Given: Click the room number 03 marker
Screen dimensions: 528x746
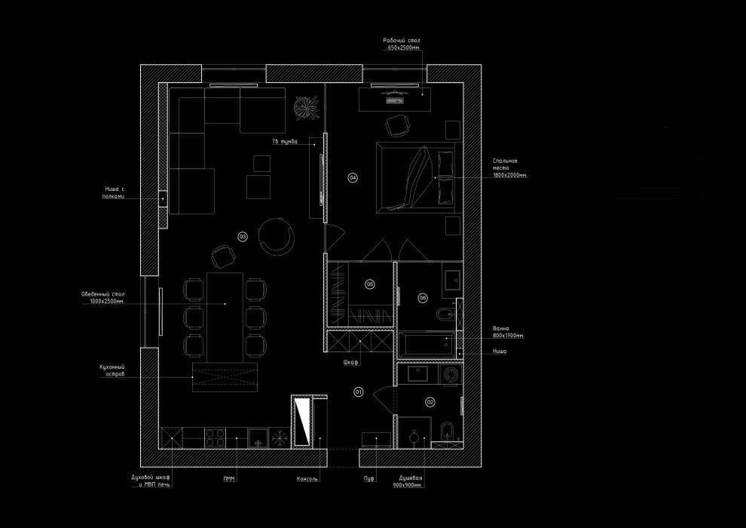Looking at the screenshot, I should (242, 236).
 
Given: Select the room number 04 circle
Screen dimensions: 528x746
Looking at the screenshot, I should (353, 177).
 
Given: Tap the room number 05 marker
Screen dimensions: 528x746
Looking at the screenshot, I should (370, 284).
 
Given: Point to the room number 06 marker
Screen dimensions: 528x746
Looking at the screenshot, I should (423, 298).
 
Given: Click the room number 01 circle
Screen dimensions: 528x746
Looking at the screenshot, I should (358, 391).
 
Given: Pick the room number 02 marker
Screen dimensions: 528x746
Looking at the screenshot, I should (430, 402).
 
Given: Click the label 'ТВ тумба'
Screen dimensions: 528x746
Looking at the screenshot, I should (285, 141).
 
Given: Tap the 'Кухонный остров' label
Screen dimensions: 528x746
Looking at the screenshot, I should (112, 370).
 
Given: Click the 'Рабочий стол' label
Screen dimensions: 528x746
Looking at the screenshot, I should (401, 44).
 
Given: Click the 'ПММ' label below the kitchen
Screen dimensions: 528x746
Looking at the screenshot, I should (228, 478).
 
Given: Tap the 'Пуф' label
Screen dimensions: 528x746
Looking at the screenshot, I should (369, 478).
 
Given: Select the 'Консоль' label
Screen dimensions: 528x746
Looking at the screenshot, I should (307, 478).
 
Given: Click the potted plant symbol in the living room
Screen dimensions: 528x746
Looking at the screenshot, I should (306, 107).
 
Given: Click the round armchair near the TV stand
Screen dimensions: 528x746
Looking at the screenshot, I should (277, 235).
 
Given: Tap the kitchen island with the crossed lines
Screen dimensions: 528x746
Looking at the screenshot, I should (225, 376).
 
